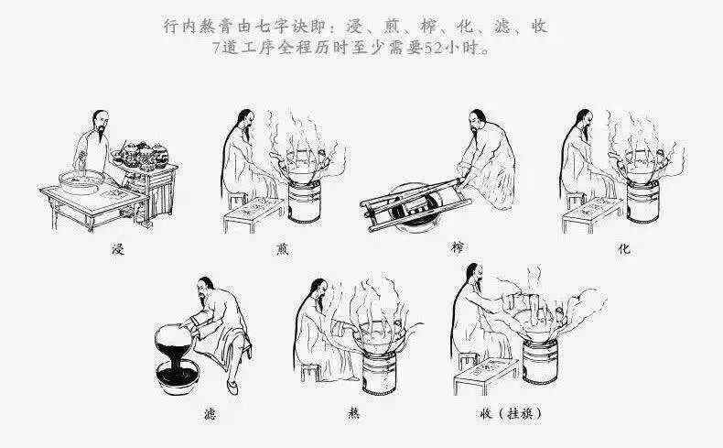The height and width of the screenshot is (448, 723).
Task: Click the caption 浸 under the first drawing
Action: pyautogui.click(x=118, y=249)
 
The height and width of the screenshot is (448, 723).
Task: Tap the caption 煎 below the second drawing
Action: pyautogui.click(x=282, y=249)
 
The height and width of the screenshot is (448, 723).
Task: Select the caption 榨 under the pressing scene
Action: pyautogui.click(x=457, y=247)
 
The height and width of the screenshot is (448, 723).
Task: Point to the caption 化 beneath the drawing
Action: pyautogui.click(x=624, y=249)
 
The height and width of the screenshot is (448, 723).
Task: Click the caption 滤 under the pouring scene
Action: pyautogui.click(x=210, y=414)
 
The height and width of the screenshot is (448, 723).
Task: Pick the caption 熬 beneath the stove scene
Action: pyautogui.click(x=353, y=413)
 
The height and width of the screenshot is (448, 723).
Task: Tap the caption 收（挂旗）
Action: pyautogui.click(x=511, y=413)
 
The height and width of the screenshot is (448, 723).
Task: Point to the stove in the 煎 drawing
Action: pyautogui.click(x=305, y=202)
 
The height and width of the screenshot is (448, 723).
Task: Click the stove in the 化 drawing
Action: pyautogui.click(x=642, y=202)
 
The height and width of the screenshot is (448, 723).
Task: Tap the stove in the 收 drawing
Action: pyautogui.click(x=540, y=361)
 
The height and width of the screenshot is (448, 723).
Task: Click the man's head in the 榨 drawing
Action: pyautogui.click(x=478, y=120)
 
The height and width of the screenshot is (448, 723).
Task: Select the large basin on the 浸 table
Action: pyautogui.click(x=82, y=181)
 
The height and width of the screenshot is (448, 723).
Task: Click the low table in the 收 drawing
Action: pyautogui.click(x=486, y=375)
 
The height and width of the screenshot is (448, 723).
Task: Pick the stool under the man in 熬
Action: pyautogui.click(x=310, y=373)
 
